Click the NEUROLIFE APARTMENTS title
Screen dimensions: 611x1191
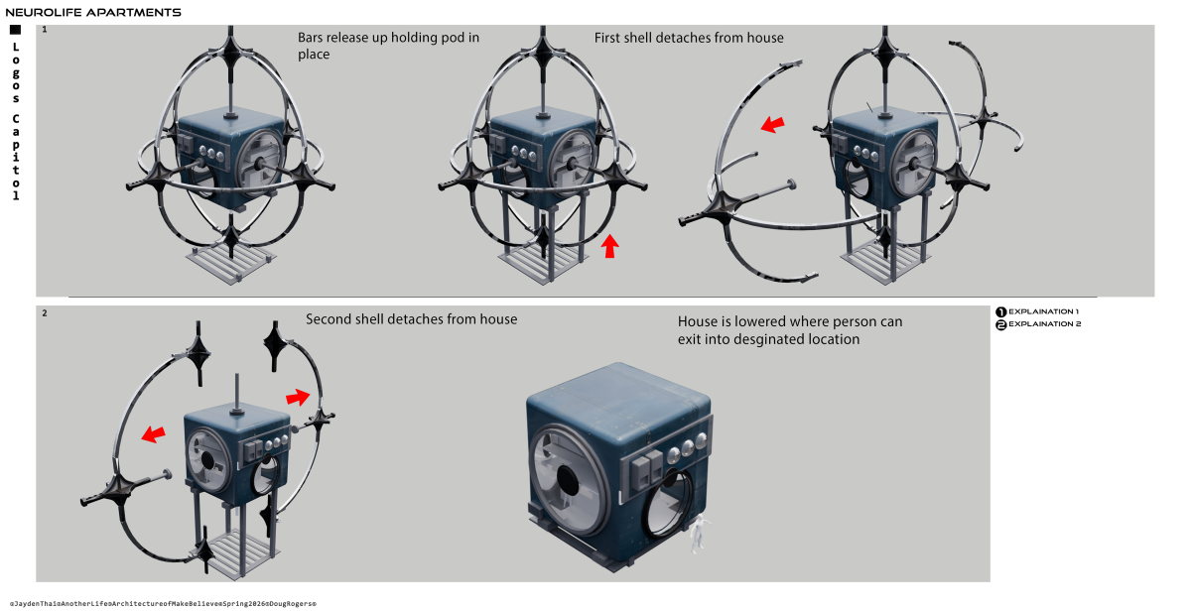tap(93, 13)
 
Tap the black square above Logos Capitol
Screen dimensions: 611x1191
tap(15, 31)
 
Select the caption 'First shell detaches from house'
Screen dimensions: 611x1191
tap(689, 38)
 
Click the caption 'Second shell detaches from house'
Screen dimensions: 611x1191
tap(411, 319)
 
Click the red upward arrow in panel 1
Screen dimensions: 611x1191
tap(610, 246)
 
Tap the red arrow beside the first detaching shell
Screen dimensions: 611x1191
tap(771, 124)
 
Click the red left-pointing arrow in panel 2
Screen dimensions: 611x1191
tap(153, 433)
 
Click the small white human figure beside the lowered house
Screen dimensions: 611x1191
tap(698, 533)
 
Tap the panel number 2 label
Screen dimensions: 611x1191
tap(44, 313)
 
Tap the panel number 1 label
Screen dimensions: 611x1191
tap(44, 31)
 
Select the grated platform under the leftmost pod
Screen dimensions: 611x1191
tap(229, 267)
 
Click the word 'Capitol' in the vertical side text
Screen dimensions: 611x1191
tap(15, 158)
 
